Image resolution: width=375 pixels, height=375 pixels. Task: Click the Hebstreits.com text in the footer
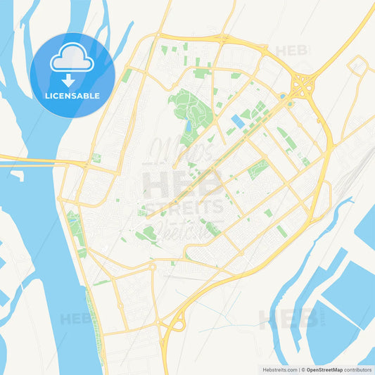(274, 369)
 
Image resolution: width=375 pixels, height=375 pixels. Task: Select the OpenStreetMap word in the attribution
(329, 369)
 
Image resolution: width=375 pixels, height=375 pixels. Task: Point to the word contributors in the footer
(359, 369)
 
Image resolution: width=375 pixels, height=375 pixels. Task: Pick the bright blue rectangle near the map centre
(239, 122)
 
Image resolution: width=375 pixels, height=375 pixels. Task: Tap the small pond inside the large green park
(188, 127)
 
